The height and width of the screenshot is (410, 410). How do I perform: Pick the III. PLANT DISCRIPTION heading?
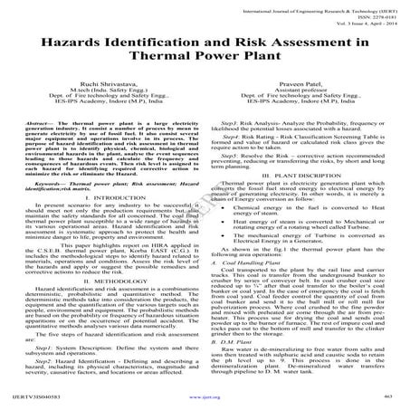tap(306, 173)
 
